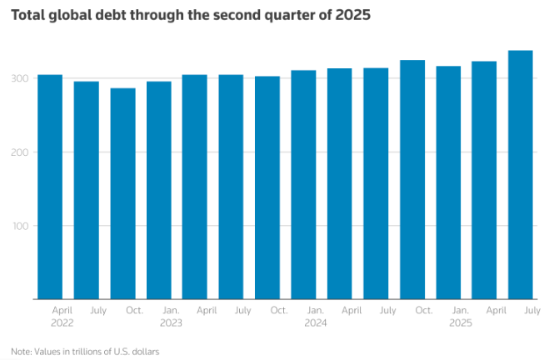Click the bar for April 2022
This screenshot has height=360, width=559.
tap(50, 187)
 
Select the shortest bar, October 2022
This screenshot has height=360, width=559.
tap(122, 193)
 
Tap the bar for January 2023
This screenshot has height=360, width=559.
tap(159, 190)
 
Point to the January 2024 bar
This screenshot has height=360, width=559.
tap(303, 185)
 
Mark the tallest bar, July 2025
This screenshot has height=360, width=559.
tap(521, 175)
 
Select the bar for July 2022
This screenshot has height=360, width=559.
tap(87, 190)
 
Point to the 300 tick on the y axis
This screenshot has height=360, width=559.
tap(22, 78)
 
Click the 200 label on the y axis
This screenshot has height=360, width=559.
tap(22, 152)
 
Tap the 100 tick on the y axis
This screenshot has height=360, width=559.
tap(22, 226)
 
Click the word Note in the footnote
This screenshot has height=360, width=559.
tap(22, 351)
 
